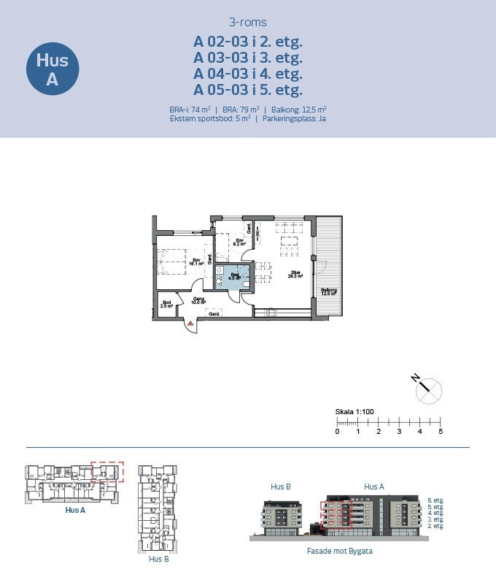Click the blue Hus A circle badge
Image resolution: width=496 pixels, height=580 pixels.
(x=52, y=70)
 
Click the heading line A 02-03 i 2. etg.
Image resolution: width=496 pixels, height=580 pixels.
(x=248, y=41)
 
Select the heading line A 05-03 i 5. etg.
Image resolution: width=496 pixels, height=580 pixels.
(x=248, y=90)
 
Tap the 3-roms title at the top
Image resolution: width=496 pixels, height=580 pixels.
(x=248, y=22)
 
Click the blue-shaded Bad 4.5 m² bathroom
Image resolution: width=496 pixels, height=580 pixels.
(x=233, y=276)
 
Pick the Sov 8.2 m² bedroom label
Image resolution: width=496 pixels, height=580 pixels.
(x=238, y=243)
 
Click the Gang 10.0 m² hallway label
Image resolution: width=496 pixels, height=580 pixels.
(x=198, y=299)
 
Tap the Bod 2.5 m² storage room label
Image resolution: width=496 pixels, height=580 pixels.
(x=167, y=304)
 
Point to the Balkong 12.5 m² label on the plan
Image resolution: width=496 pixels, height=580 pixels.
(x=329, y=291)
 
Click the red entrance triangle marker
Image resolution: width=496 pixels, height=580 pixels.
(x=191, y=322)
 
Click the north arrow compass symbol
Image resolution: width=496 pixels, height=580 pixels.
(x=428, y=389)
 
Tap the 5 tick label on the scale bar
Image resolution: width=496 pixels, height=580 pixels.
(x=441, y=432)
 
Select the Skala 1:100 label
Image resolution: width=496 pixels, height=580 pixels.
(x=354, y=412)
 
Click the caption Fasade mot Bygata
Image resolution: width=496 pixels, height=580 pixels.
(x=339, y=551)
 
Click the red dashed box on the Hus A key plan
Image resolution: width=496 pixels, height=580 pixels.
(x=108, y=472)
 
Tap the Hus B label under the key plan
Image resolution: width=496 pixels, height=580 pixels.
(x=159, y=559)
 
